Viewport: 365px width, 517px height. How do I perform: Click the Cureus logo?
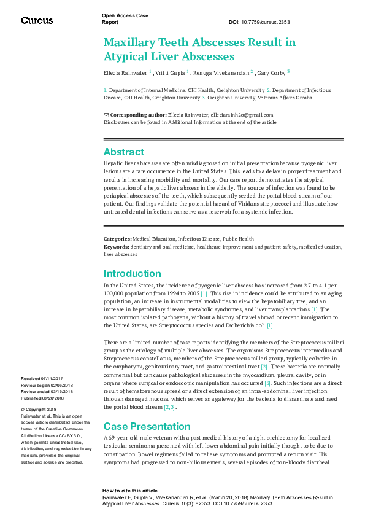(37, 20)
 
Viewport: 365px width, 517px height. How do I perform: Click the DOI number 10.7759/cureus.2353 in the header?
(267, 22)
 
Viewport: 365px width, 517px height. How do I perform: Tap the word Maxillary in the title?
(132, 42)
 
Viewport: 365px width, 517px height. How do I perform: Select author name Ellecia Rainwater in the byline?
(125, 72)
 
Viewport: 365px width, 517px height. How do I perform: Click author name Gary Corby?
(271, 72)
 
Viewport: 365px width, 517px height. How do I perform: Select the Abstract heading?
(124, 152)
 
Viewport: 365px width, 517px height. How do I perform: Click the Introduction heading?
(133, 273)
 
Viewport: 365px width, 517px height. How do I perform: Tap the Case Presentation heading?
(147, 426)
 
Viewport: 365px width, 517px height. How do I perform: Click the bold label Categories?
(118, 239)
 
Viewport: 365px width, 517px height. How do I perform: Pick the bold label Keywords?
(117, 246)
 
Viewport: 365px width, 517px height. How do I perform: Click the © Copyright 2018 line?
(39, 409)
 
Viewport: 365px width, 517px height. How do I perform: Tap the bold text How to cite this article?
(130, 491)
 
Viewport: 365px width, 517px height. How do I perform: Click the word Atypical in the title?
(126, 57)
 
